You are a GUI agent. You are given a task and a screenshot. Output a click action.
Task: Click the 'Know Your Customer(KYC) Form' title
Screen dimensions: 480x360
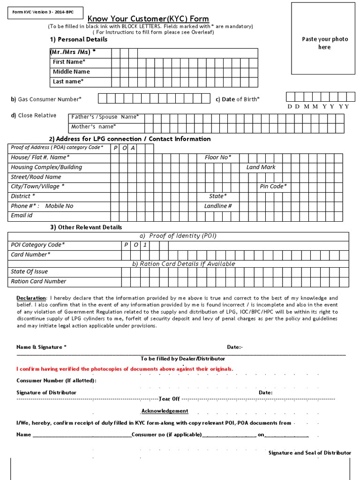click(x=148, y=19)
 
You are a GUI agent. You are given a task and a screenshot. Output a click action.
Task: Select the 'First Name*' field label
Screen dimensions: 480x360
click(x=69, y=62)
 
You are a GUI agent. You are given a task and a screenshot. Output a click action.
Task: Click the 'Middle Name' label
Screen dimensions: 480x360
click(x=71, y=72)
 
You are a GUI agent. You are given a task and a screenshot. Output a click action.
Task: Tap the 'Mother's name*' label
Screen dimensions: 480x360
click(x=94, y=127)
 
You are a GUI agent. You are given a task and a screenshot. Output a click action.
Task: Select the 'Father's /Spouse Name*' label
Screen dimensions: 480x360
click(x=105, y=117)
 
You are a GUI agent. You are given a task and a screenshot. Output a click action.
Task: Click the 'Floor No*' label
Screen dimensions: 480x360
click(x=218, y=157)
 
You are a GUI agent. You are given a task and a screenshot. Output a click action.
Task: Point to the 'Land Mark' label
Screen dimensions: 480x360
click(x=261, y=167)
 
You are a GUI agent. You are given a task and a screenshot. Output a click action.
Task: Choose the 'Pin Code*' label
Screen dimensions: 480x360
click(x=273, y=187)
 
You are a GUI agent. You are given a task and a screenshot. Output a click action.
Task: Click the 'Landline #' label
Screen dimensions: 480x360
click(x=218, y=206)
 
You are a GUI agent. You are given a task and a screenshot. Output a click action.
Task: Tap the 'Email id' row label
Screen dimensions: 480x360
click(x=22, y=216)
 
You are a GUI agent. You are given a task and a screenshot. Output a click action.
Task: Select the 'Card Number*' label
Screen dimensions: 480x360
click(x=30, y=255)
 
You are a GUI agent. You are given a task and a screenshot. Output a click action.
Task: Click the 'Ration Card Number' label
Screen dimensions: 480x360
click(x=38, y=281)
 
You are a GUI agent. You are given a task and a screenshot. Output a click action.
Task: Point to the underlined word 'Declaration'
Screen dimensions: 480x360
click(x=31, y=298)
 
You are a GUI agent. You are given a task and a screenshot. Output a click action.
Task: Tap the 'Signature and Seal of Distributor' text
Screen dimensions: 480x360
click(x=309, y=453)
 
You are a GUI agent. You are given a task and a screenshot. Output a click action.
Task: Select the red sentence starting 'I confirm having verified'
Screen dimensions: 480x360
click(x=125, y=369)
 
